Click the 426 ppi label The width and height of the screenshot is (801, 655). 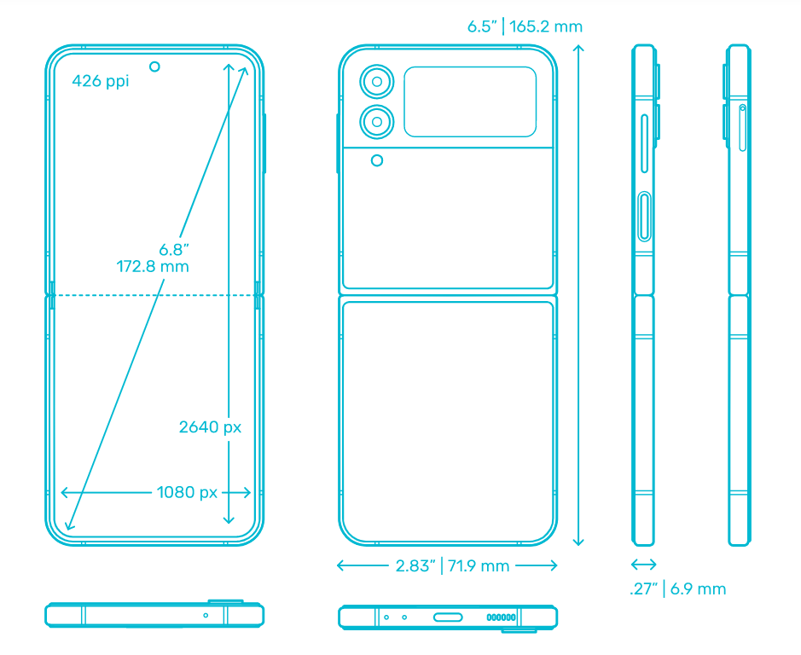(x=100, y=81)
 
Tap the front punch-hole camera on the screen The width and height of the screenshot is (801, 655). (x=154, y=67)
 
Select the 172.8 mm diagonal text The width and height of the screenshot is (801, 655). (x=152, y=266)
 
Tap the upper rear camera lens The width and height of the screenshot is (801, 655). (x=377, y=81)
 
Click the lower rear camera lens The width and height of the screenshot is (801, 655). (x=377, y=122)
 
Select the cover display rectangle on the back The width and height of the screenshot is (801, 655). (x=470, y=101)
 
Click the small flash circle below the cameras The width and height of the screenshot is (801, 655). (x=377, y=160)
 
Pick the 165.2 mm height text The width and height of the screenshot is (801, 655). (x=546, y=26)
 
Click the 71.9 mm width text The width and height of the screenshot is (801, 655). (x=479, y=565)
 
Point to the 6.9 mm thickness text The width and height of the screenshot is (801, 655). (x=698, y=588)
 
